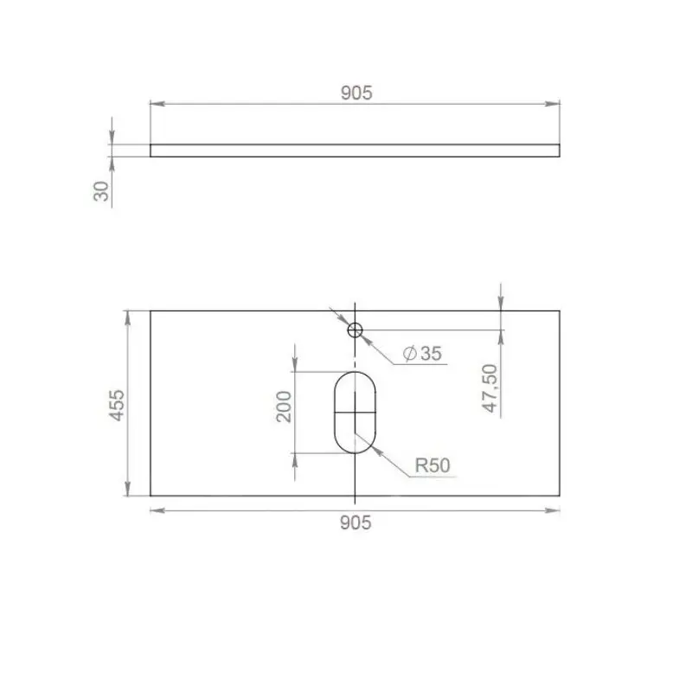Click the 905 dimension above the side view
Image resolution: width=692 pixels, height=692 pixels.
pos(356,93)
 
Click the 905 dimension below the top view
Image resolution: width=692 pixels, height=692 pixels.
pos(356,523)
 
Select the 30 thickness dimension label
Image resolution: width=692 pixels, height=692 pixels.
pos(101,191)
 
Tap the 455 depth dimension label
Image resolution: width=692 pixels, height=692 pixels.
pos(117,405)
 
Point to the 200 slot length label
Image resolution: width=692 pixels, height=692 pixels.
pos(284,407)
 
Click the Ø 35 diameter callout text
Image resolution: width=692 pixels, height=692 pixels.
pos(422,354)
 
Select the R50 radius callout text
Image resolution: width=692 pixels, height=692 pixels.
pos(432,465)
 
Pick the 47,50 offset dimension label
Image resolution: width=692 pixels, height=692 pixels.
pos(490,388)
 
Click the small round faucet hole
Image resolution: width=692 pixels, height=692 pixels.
pos(355,330)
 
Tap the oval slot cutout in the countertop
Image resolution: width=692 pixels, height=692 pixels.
pos(334,413)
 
